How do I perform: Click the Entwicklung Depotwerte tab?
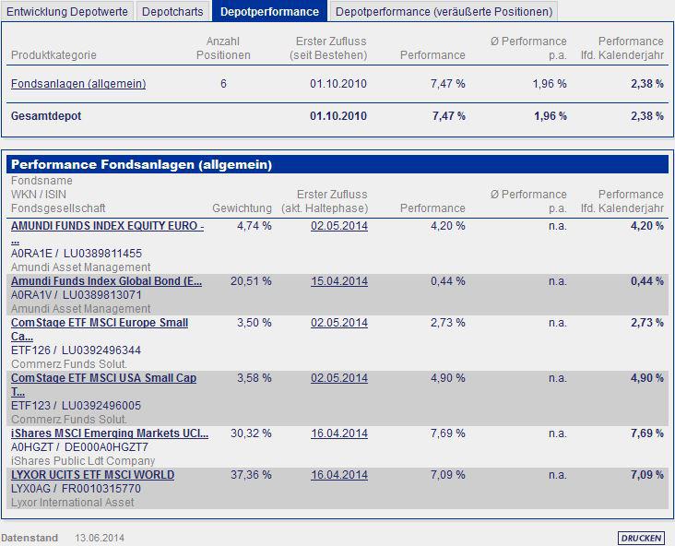click(x=67, y=12)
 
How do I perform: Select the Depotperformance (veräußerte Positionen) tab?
click(x=444, y=12)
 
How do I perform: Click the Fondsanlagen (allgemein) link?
click(x=78, y=84)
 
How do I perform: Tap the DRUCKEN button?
click(x=640, y=538)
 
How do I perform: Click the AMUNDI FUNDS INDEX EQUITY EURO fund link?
click(x=107, y=226)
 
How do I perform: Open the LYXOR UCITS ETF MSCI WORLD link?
click(x=92, y=475)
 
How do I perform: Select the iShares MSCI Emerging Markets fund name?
click(x=110, y=433)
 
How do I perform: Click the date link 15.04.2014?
click(x=338, y=281)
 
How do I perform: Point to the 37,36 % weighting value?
click(x=254, y=475)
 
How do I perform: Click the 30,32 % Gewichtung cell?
click(x=254, y=433)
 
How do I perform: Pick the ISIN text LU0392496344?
click(x=102, y=350)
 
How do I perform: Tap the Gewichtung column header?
click(x=242, y=208)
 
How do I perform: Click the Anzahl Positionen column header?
click(x=223, y=48)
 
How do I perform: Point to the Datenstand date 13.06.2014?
click(x=100, y=538)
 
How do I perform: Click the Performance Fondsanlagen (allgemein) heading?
click(x=141, y=165)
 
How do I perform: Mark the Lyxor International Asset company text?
click(x=72, y=503)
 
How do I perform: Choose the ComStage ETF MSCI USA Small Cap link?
click(x=103, y=378)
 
